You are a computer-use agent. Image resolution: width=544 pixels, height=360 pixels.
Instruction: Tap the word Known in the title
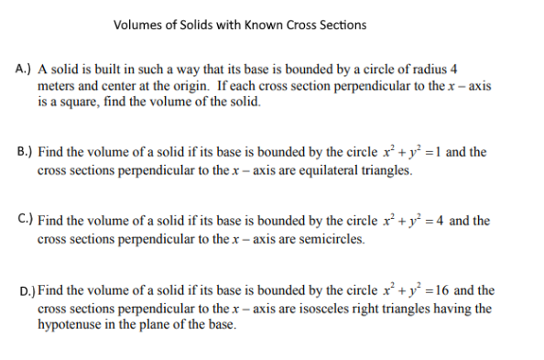266,24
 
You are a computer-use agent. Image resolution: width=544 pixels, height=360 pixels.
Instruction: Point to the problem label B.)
25,152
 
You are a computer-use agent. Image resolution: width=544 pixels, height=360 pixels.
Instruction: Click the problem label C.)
25,221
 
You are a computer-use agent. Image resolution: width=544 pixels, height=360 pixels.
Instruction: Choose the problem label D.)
25,290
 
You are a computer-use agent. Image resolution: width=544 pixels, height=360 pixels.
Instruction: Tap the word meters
58,86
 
